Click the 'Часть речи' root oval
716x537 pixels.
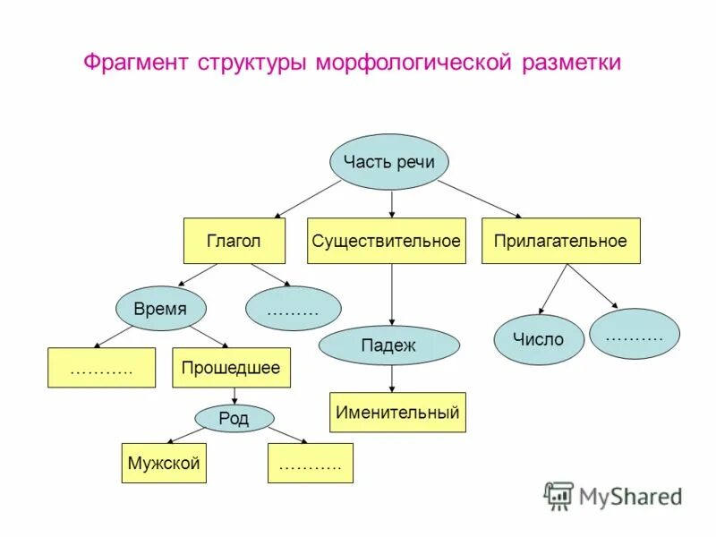point(388,162)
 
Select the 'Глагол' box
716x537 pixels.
point(234,241)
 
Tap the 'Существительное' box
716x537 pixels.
point(386,241)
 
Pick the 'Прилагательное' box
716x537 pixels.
point(560,241)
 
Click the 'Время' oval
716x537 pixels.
point(161,309)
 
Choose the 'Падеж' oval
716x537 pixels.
point(388,345)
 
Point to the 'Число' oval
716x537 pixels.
point(538,339)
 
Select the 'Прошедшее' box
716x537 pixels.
point(230,367)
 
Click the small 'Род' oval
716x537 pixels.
point(234,418)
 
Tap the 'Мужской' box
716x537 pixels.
point(164,463)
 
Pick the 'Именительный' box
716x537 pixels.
point(397,413)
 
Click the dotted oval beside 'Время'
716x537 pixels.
point(293,309)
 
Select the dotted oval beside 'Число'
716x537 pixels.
point(634,334)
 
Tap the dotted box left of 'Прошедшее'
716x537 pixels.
point(101,367)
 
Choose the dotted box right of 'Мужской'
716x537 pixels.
point(310,464)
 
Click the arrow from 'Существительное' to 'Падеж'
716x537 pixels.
point(391,294)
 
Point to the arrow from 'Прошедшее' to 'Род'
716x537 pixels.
point(234,396)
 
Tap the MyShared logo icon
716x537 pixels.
point(558,495)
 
